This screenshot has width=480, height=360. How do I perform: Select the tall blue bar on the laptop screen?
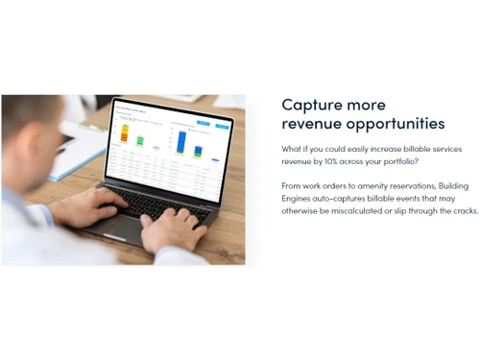180,141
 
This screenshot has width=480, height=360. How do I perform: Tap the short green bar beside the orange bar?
140,140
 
